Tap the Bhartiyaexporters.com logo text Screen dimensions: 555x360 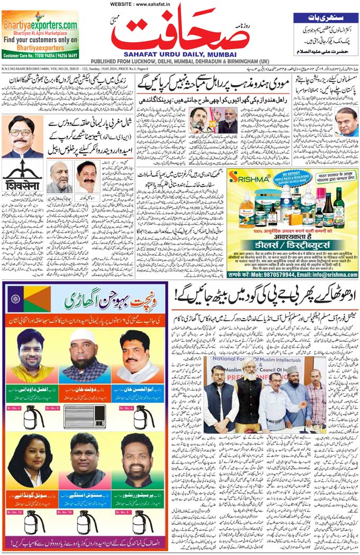(40, 24)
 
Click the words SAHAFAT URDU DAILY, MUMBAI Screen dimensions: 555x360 (180, 53)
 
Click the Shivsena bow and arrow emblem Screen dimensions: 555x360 (22, 172)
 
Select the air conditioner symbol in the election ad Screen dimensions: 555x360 (85, 417)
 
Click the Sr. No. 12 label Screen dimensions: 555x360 (16, 512)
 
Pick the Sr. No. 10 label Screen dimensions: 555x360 (65, 512)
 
